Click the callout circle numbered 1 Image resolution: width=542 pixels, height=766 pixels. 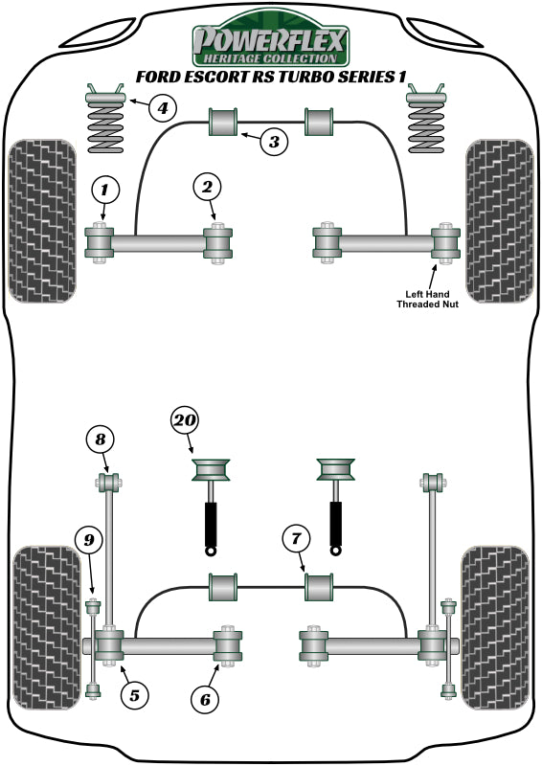coord(104,190)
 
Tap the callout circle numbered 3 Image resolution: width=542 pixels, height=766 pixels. coord(274,143)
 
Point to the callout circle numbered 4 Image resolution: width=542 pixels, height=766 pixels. coord(163,107)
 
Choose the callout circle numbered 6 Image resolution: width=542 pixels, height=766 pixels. coord(205,700)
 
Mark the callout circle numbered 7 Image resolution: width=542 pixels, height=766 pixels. coord(296,541)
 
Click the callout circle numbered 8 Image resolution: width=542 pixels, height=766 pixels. coord(100,439)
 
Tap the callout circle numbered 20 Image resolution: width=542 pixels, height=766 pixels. coord(186,418)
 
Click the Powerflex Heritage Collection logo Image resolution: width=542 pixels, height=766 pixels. coord(271,43)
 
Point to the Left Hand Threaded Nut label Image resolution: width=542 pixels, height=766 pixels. coord(428,298)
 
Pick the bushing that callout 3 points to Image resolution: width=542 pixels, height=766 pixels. coord(223,123)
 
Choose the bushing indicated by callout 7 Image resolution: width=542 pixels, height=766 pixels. coord(317,585)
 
